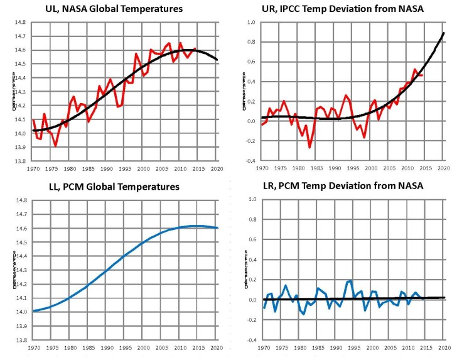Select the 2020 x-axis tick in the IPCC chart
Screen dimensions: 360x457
[x=443, y=169]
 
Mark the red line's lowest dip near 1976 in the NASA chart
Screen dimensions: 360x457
[x=55, y=146]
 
